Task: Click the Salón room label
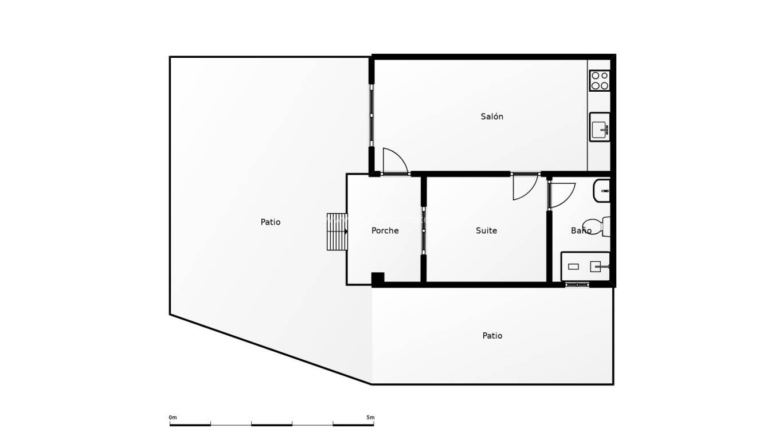coord(492,116)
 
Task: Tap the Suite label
coord(486,230)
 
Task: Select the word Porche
coord(385,230)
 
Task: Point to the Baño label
coord(580,230)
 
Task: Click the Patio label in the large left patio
coord(271,222)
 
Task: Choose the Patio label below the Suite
coord(492,336)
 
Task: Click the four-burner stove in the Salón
coord(600,80)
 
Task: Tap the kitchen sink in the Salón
coord(600,127)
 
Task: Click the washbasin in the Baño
coord(602,191)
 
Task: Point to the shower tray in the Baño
coord(585,266)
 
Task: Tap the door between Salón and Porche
coord(394,162)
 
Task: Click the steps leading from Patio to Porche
coord(337,231)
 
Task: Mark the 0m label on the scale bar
coord(173,418)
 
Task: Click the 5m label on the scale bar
coord(370,418)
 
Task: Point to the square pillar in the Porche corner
coord(378,279)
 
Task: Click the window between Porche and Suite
coord(424,230)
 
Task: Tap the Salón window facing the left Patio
coord(371,116)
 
